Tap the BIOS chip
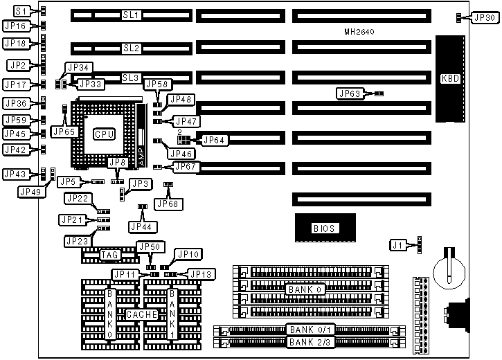[x=324, y=227]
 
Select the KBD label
[x=450, y=78]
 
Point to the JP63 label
[x=350, y=93]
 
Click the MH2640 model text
[x=360, y=33]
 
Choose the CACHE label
[x=143, y=314]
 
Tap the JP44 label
[x=143, y=226]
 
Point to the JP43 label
[x=17, y=174]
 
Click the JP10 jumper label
[x=188, y=254]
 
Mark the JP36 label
[x=17, y=103]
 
